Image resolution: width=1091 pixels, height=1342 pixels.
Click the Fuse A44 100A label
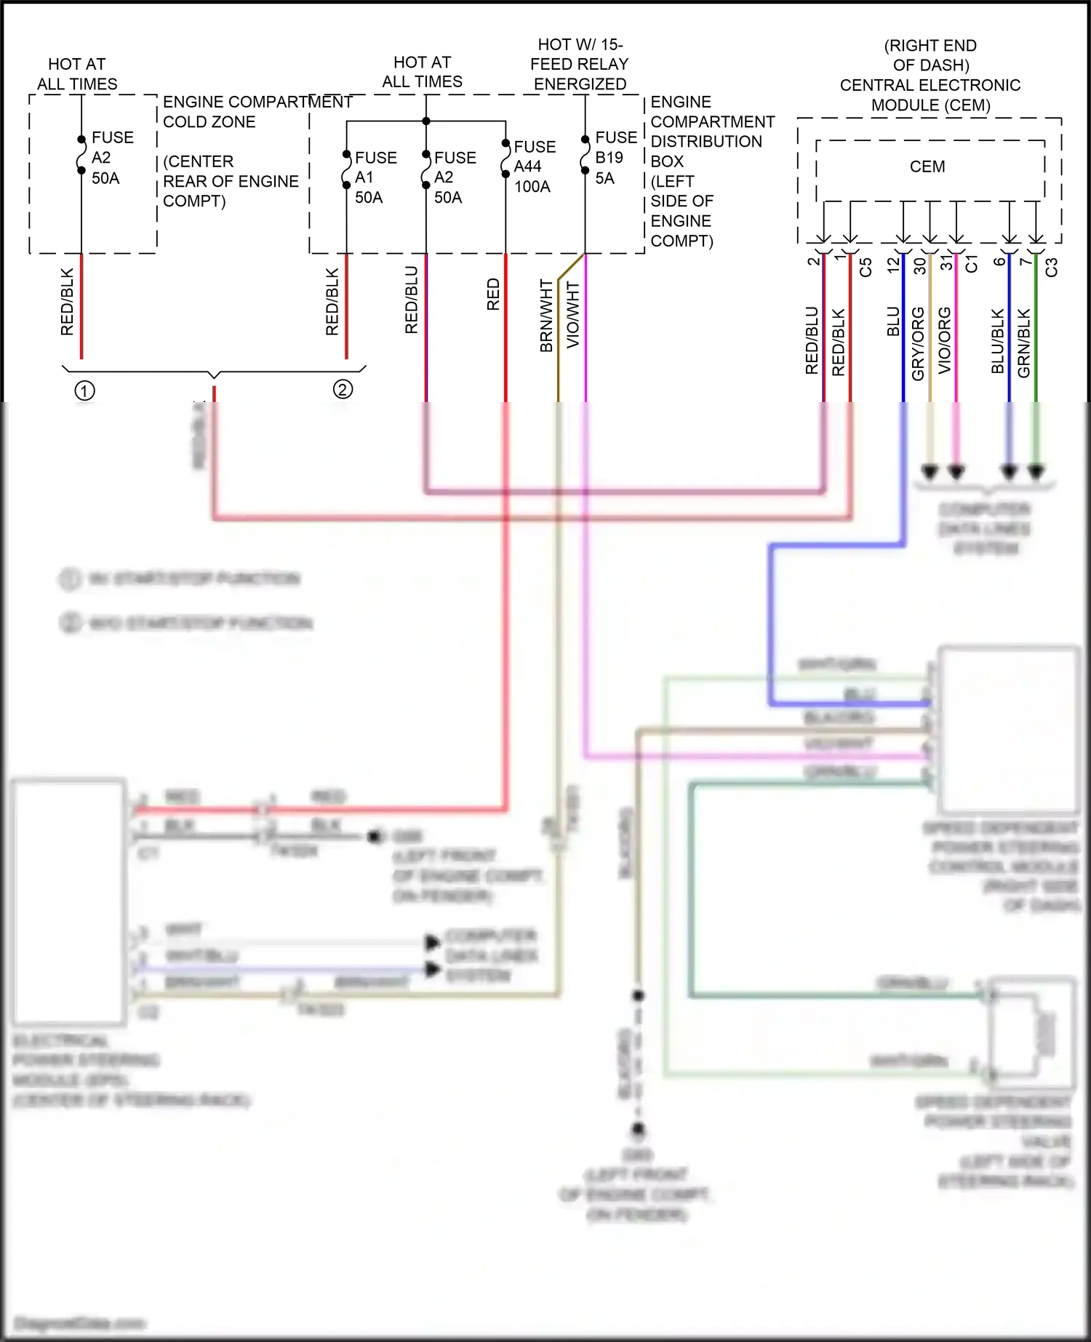pyautogui.click(x=534, y=166)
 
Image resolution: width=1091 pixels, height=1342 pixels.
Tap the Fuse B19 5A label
pyautogui.click(x=615, y=158)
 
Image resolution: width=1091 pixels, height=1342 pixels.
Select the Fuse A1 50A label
pyautogui.click(x=375, y=177)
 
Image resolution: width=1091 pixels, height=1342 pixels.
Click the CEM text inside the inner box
pyautogui.click(x=927, y=166)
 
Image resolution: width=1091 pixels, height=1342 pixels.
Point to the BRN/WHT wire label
pyautogui.click(x=547, y=316)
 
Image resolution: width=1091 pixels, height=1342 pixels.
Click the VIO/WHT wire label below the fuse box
pyautogui.click(x=573, y=315)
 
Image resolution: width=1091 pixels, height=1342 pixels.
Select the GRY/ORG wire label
pyautogui.click(x=918, y=343)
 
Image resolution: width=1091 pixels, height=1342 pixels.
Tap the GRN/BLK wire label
pyautogui.click(x=1023, y=342)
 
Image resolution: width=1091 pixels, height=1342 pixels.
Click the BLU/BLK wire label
pyautogui.click(x=997, y=341)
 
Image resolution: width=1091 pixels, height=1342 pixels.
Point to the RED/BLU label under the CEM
pyautogui.click(x=812, y=340)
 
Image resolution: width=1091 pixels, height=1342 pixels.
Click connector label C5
pyautogui.click(x=866, y=267)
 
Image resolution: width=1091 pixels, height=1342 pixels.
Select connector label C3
pyautogui.click(x=1051, y=267)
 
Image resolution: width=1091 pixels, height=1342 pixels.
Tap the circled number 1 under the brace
pyautogui.click(x=84, y=391)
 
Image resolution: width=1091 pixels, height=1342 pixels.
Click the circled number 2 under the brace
pyautogui.click(x=343, y=389)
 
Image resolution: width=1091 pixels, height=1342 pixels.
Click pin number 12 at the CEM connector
pyautogui.click(x=893, y=265)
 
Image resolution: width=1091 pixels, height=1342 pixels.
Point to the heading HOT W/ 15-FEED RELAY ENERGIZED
pyautogui.click(x=580, y=64)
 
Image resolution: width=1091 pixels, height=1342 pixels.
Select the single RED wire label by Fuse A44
pyautogui.click(x=493, y=294)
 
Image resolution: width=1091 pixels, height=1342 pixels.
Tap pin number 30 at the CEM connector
pyautogui.click(x=919, y=265)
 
